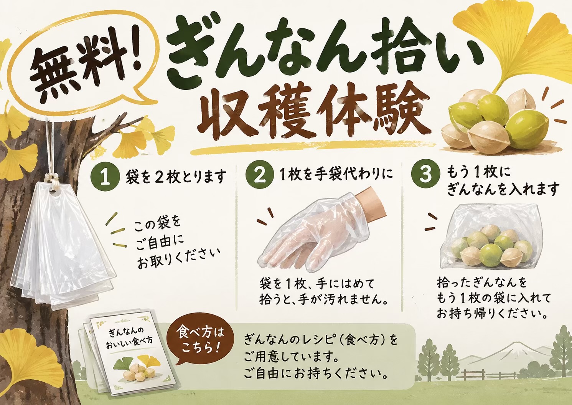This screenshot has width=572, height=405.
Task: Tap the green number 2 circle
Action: tap(260, 175)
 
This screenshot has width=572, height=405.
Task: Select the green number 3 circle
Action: tap(425, 174)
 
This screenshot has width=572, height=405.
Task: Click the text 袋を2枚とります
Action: tap(176, 176)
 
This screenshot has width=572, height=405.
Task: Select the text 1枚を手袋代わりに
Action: tap(336, 175)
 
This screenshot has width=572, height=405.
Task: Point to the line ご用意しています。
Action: tap(290, 358)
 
